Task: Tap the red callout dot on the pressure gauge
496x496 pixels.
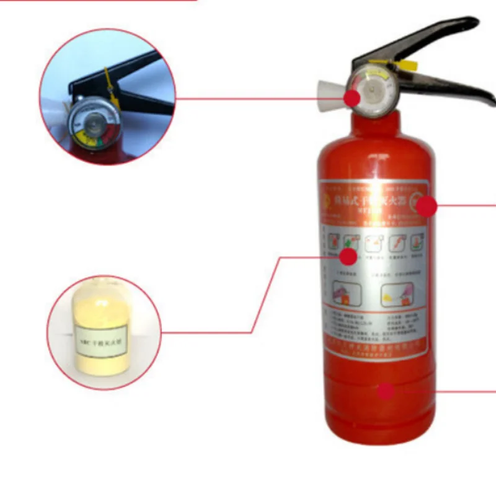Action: point(353,98)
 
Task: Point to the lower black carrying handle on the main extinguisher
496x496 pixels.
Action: point(453,87)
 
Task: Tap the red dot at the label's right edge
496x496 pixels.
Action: point(427,206)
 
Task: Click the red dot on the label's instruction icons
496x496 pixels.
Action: point(349,256)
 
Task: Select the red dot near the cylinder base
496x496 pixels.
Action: point(386,391)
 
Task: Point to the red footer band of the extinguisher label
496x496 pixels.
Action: point(376,345)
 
